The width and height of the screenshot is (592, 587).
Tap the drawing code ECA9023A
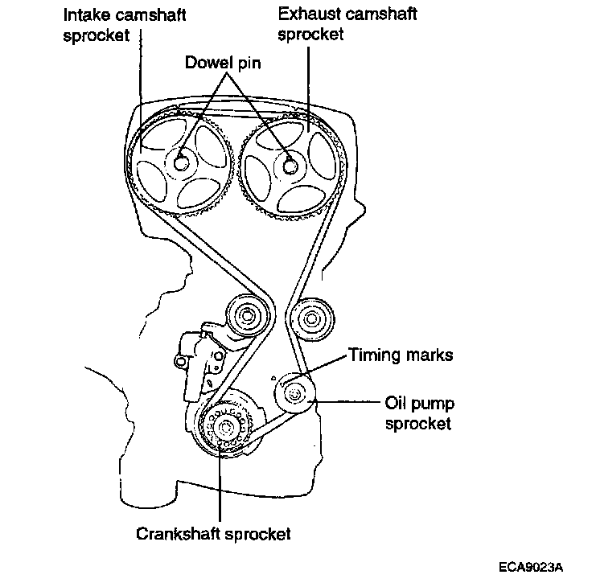pos(530,566)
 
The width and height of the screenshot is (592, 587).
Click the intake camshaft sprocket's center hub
pos(180,162)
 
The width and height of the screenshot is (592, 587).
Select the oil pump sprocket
pos(294,394)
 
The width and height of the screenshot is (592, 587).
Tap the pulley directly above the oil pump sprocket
pos(309,320)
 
